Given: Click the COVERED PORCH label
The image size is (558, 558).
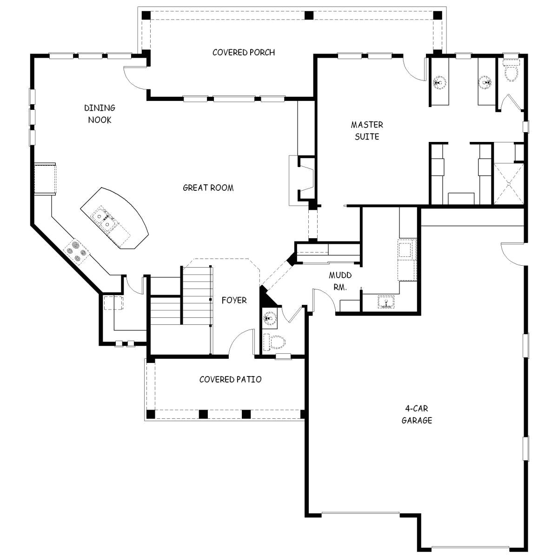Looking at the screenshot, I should point(243,53).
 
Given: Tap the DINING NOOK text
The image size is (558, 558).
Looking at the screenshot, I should point(100,114).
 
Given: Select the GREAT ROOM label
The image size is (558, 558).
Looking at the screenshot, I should point(208,188).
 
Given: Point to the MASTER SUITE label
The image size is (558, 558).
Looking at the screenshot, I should point(367,131).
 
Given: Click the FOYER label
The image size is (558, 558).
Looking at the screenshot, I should point(234,301).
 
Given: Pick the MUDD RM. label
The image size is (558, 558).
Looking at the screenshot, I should point(340,282).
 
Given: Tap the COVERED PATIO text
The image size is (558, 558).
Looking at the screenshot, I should point(230,380).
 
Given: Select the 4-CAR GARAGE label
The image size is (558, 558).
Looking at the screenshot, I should point(417,415).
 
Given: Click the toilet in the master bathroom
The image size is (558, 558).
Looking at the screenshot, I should point(511,72).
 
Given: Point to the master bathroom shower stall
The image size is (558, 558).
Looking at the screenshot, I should point(509,183).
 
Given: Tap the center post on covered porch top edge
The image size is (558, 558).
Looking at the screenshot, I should point(308,15).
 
